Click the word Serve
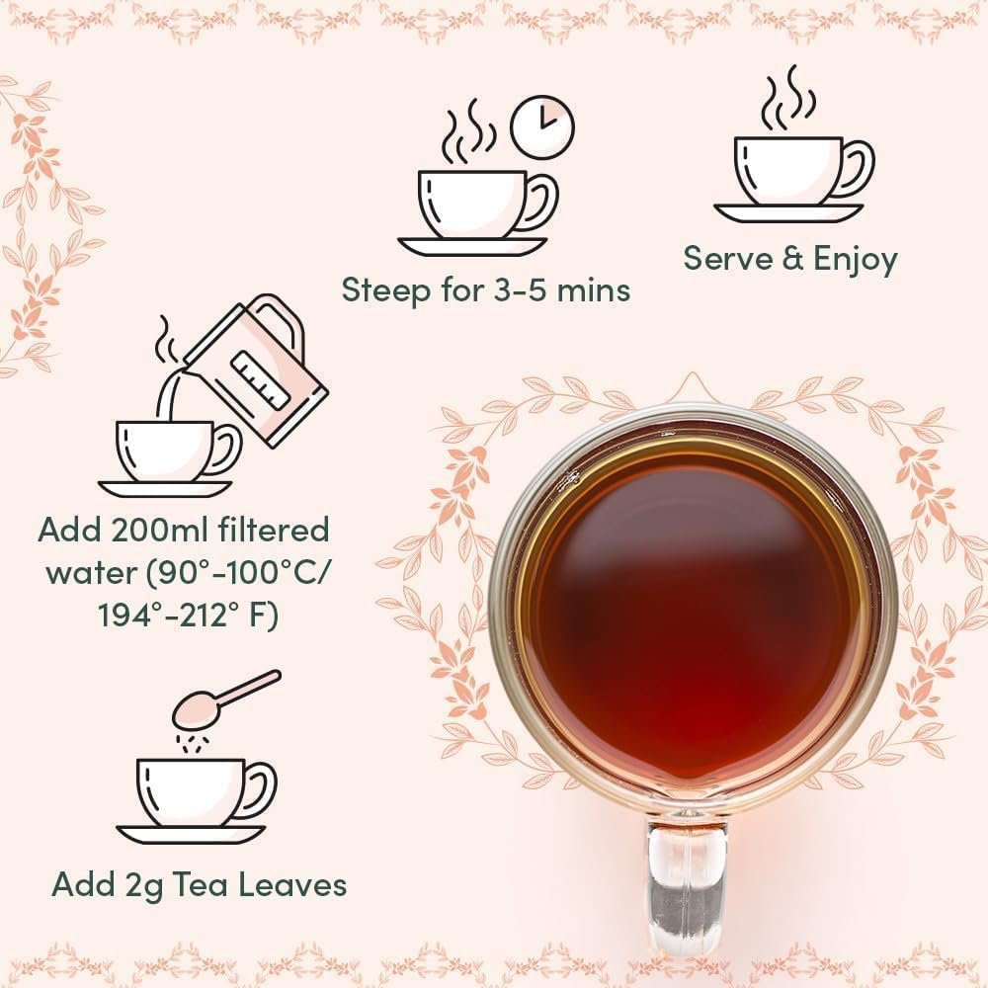(728, 259)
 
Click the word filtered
(278, 531)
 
